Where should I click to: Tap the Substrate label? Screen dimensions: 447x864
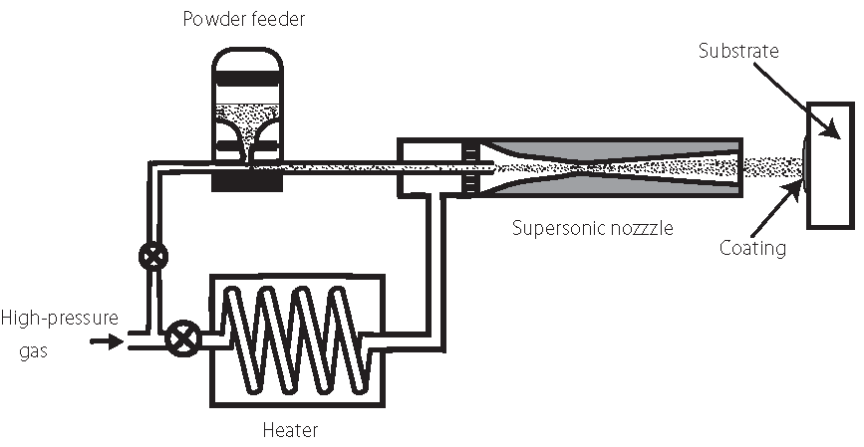click(738, 49)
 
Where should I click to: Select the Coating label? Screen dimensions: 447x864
click(752, 248)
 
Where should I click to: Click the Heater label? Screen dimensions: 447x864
click(290, 430)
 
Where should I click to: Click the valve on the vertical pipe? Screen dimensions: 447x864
click(153, 254)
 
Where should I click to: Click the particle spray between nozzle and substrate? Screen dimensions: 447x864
click(773, 165)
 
